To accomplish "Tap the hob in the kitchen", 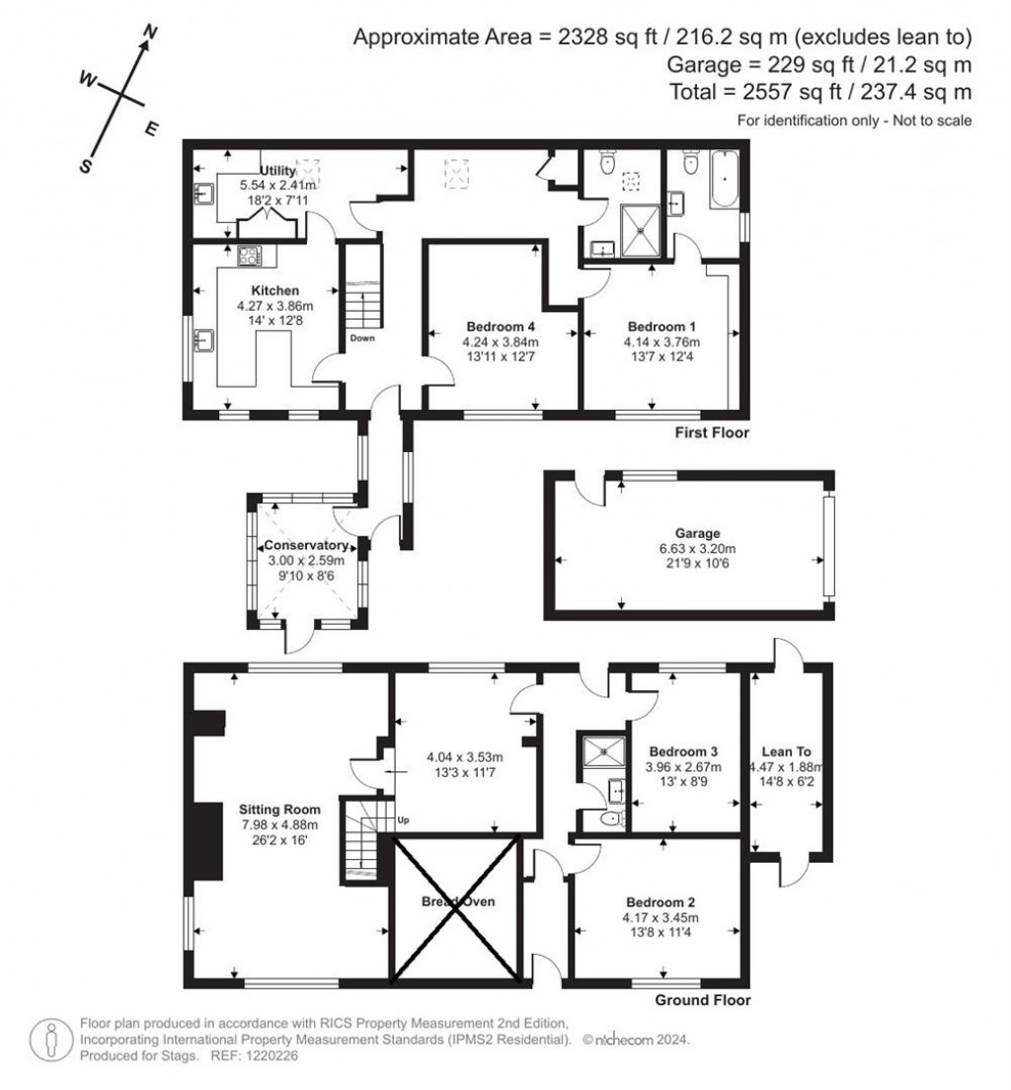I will (247, 257).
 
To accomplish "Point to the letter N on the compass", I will (151, 34).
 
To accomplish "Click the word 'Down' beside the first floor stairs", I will (361, 338).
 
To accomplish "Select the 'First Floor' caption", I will (712, 432).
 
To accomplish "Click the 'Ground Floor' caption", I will (703, 1000).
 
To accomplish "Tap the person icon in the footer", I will (49, 1040).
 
